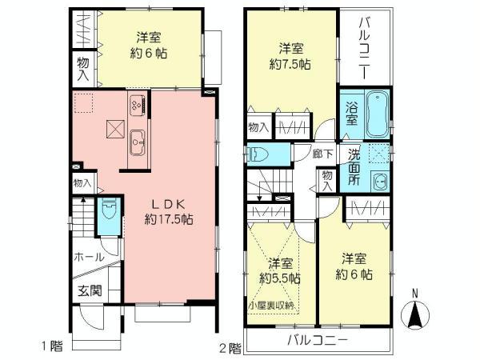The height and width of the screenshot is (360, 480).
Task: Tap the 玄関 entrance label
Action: [x=89, y=290]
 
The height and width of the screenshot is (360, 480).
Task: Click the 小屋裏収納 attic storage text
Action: [x=271, y=305]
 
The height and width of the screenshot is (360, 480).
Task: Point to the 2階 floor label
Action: [x=230, y=347]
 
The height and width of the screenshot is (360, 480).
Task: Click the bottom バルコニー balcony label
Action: [x=318, y=340]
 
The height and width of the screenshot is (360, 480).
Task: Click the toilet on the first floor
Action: [x=110, y=212]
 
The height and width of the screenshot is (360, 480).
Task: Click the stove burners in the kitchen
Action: [x=136, y=104]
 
